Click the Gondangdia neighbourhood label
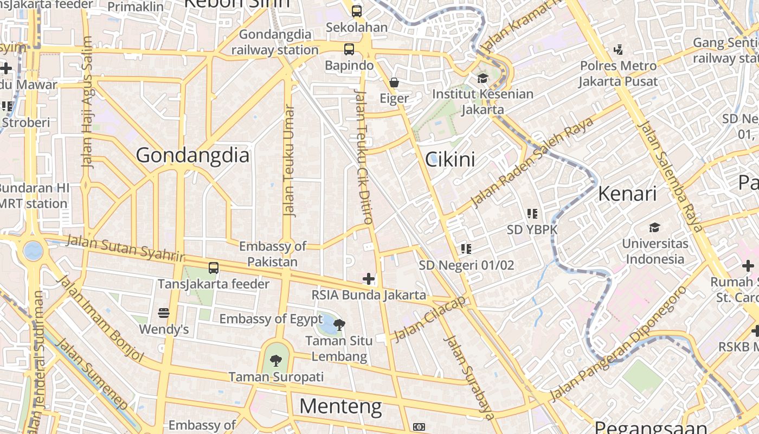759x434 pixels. pos(192,156)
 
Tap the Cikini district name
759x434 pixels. pos(450,159)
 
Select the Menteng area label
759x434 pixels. pos(340,406)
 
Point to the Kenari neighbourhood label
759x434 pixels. pos(627,194)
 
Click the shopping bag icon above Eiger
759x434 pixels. pos(394,83)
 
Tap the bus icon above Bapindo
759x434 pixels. pos(349,49)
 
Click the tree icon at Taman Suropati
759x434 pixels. pos(276,360)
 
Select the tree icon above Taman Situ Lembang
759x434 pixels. pos(339,325)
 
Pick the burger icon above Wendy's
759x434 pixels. pos(164,313)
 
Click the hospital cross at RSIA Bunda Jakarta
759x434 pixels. pos(369,279)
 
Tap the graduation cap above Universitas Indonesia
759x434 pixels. pos(655,227)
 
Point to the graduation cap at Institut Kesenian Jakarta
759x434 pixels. pos(483,78)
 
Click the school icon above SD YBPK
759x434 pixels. pos(532,214)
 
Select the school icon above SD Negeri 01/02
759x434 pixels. pos(466,249)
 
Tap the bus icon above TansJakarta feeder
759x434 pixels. pos(214,267)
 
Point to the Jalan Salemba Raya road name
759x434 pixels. pos(671,176)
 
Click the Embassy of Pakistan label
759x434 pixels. pos(273,254)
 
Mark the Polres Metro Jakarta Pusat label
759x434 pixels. pos(618,74)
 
